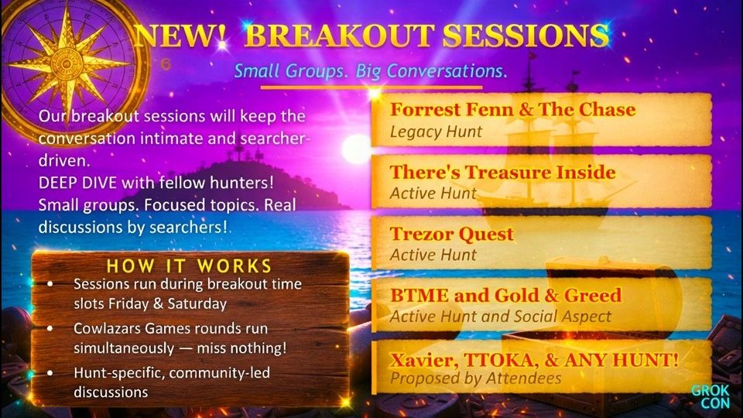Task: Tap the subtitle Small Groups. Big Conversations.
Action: (371, 71)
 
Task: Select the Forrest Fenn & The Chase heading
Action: (512, 110)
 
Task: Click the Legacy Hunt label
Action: (436, 132)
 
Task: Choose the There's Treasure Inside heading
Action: (502, 172)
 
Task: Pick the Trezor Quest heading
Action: (451, 234)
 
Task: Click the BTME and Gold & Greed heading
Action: (505, 295)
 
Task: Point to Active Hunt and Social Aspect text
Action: (500, 316)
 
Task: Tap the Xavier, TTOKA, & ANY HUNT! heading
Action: (534, 358)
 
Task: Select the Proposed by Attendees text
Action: (476, 379)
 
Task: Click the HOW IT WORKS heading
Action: (189, 266)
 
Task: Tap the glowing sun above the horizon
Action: (357, 149)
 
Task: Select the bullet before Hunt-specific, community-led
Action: (50, 373)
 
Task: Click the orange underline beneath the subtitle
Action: (372, 87)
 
